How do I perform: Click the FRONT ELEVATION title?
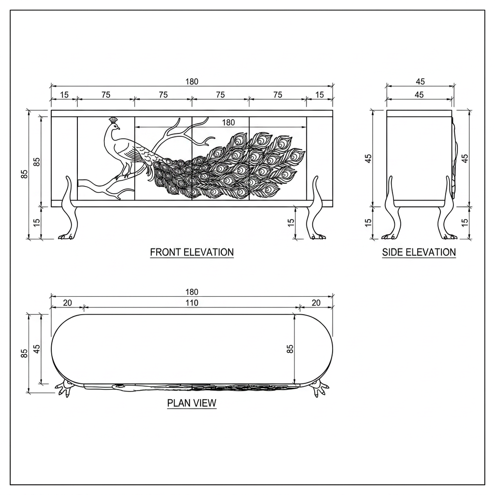coord(191,252)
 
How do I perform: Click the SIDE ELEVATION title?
coord(419,252)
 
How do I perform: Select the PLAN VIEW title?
coord(191,403)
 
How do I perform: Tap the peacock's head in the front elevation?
coord(115,126)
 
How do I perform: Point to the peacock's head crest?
coord(113,120)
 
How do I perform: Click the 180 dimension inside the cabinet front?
coord(228,122)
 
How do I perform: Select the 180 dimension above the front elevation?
coord(191,82)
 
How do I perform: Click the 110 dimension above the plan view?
coord(191,303)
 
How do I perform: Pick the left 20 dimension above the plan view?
coord(68,303)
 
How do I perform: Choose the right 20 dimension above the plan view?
coord(316,303)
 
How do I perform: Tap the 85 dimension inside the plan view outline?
coord(290,349)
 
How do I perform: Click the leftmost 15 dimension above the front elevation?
coord(64,95)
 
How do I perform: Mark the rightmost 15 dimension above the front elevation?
coord(320,95)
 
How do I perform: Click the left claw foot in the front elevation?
coord(67,236)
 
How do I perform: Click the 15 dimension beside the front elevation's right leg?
coord(291,222)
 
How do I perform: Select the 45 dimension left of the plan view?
coord(37,349)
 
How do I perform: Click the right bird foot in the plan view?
coord(320,389)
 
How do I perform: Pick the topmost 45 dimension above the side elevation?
coord(420,82)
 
